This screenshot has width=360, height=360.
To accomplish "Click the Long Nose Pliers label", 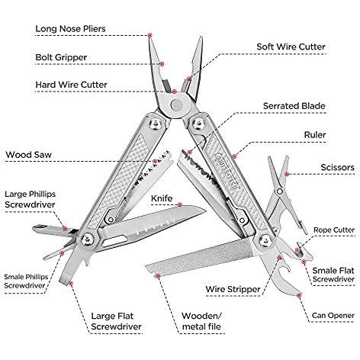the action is point(70,29).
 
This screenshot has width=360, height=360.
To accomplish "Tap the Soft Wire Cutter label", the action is point(291,47).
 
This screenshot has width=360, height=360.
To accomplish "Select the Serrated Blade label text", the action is point(294,106).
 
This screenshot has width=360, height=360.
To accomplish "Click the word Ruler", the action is point(315,135).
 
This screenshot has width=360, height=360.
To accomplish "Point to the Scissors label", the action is point(337,168).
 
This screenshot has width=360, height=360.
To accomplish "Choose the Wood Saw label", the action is point(29,155).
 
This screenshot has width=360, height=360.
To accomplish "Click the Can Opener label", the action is point(333,316).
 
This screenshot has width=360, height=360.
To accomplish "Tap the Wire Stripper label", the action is point(233,289).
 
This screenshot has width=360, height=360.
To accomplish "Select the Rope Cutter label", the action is point(334,230).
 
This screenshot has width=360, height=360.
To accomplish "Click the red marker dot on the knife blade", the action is point(180,204).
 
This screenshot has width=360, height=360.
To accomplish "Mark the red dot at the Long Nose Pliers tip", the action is point(150,35).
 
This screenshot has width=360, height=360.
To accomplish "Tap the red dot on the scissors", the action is point(287,174).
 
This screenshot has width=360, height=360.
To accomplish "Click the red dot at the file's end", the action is point(158,276).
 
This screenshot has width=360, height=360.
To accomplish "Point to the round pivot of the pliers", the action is point(176,105).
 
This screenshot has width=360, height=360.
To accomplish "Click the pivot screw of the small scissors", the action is point(280,191).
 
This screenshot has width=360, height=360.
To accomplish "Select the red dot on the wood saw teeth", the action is point(155,161).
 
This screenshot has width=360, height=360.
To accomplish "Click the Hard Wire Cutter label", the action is point(71,85).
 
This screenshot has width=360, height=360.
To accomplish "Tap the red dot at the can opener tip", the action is point(299,295).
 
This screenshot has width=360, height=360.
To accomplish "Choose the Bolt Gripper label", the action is point(61,57).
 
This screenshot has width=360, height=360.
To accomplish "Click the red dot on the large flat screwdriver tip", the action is point(71,283).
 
